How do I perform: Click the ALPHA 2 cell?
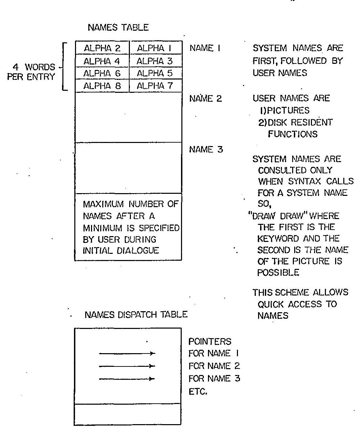point(102,48)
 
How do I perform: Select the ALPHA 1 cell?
point(155,48)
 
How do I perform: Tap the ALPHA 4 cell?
point(102,61)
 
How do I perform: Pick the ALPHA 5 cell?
point(155,73)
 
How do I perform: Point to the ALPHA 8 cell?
point(102,86)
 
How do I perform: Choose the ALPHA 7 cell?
point(155,86)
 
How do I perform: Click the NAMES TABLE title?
point(118,28)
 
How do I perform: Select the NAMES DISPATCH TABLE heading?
point(136,314)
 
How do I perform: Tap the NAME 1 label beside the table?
point(205,48)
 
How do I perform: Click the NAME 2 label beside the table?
point(206,99)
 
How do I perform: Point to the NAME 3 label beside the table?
point(206,149)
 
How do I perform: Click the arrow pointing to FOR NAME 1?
point(127,353)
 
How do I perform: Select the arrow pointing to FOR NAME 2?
point(127,366)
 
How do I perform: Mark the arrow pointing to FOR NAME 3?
point(127,378)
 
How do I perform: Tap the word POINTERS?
point(210,342)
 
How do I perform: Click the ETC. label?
point(198,391)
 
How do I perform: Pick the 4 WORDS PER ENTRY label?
point(31,71)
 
